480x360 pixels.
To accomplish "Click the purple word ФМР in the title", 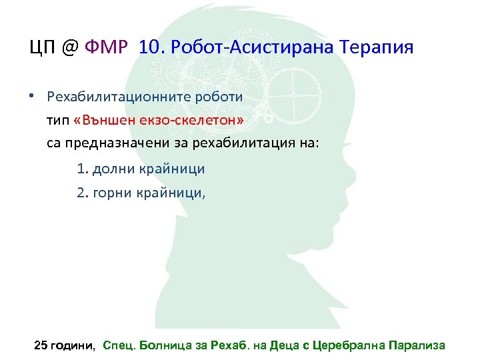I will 111,47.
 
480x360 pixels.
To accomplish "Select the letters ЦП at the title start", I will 41,47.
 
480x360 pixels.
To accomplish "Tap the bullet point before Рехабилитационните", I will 32,95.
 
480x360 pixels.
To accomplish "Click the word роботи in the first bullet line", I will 221,96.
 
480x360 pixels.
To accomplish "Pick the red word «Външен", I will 106,119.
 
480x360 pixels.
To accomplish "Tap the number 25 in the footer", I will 41,345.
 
